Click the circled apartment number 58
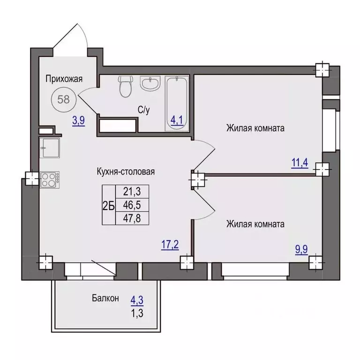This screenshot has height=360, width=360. pos(63,100)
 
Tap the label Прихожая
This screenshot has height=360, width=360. pos(64,79)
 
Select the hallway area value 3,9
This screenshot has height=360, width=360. pos(79,120)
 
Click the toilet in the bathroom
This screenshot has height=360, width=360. pos(125,86)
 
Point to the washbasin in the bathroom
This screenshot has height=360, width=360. pos(150,83)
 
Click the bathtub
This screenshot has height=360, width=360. pos(177,104)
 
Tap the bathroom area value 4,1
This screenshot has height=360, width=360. pos(177,120)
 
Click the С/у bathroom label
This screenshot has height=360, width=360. pos(144,110)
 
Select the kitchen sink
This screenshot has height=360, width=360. pos(50,148)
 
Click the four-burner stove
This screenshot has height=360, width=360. pos(50,180)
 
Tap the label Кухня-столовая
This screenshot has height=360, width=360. pos(126,172)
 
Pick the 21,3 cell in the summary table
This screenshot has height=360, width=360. pos(132,191)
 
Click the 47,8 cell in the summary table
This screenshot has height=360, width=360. pos(132,218)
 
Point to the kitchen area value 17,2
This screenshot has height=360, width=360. pos(170,245)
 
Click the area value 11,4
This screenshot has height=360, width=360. pos(300,163)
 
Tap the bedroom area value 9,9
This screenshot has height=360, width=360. pos(301,249)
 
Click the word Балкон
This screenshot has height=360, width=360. pos(105,298)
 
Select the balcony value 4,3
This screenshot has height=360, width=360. pos(137,300)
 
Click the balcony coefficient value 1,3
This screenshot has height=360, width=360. pos(137,313)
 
